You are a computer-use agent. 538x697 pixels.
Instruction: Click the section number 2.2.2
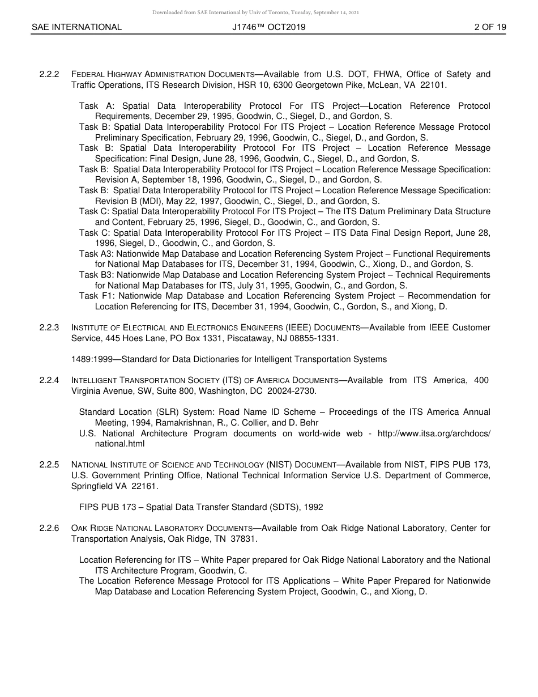(49, 74)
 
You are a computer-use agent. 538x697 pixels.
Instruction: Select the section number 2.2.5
(49, 465)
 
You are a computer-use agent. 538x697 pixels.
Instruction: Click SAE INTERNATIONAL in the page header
(76, 27)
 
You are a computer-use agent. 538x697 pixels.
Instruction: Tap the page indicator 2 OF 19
(490, 27)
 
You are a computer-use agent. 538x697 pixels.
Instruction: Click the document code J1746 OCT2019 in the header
(268, 27)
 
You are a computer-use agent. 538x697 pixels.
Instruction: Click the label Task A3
(96, 254)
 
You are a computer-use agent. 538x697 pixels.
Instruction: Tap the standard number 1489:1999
(94, 359)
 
